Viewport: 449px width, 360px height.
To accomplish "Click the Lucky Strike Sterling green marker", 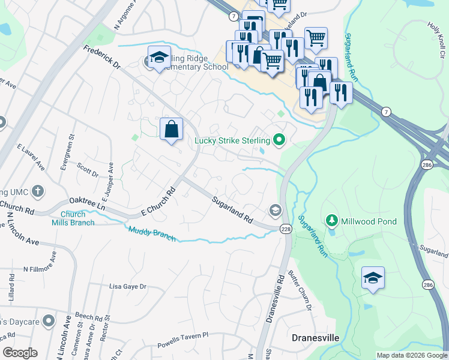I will (279, 141).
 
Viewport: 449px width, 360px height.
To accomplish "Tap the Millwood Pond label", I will (369, 221).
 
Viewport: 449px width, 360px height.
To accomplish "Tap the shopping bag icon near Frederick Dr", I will (171, 129).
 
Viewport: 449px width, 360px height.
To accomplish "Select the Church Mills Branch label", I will (77, 218).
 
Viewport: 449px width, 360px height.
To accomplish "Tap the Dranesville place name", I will (315, 338).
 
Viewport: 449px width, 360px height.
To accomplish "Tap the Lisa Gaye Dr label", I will (127, 287).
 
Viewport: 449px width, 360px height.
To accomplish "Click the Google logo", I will (20, 353).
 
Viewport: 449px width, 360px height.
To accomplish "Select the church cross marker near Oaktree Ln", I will (37, 192).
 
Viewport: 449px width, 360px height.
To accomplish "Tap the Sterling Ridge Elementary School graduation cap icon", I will (158, 58).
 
